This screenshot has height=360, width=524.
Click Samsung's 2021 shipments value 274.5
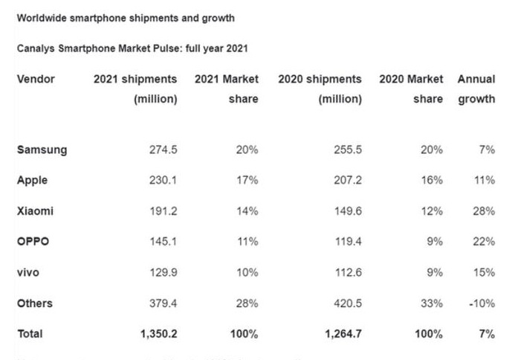163,150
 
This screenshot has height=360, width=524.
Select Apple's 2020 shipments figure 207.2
347,181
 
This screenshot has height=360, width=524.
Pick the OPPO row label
33,242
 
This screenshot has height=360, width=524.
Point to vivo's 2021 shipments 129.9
163,273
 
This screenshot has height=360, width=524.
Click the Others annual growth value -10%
483,303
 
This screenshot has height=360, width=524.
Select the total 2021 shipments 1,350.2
158,334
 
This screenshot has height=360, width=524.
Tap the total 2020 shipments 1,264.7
343,334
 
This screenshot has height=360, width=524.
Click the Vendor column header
36,79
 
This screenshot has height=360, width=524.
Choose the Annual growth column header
476,89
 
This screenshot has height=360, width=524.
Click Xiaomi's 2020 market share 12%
432,211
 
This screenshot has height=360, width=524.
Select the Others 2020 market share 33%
432,303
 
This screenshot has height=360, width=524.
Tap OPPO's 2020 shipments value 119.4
347,242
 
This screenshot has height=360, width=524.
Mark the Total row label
30,334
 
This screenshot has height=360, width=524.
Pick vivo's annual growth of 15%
485,273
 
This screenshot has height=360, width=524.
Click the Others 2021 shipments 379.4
163,303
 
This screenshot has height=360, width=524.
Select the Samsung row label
42,150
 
